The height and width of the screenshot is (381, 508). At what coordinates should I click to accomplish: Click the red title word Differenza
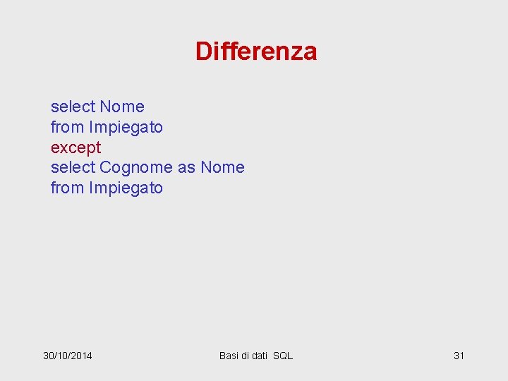[256, 52]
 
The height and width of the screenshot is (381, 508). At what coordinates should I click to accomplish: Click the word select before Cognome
[73, 167]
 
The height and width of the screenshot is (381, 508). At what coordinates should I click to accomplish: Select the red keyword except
[75, 148]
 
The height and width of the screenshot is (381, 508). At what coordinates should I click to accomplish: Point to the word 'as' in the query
[186, 168]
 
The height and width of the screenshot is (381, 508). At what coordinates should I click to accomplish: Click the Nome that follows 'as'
[222, 167]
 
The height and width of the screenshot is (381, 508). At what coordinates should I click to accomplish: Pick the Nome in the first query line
[122, 107]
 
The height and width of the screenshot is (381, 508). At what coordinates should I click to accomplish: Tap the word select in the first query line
[73, 107]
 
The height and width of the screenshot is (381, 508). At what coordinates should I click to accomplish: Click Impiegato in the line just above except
[126, 128]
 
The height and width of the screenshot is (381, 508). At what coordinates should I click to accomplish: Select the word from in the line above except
[67, 127]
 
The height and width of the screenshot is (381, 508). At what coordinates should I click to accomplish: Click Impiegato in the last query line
[126, 188]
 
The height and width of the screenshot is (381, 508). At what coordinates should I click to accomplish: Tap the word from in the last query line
[67, 188]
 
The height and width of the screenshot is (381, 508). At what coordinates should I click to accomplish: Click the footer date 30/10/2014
[68, 356]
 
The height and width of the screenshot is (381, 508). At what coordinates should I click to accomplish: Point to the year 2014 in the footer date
[81, 356]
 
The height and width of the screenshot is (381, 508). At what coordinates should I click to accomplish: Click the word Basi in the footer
[229, 356]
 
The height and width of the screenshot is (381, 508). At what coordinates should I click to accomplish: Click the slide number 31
[459, 356]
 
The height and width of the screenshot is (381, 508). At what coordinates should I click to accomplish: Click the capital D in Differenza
[203, 52]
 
